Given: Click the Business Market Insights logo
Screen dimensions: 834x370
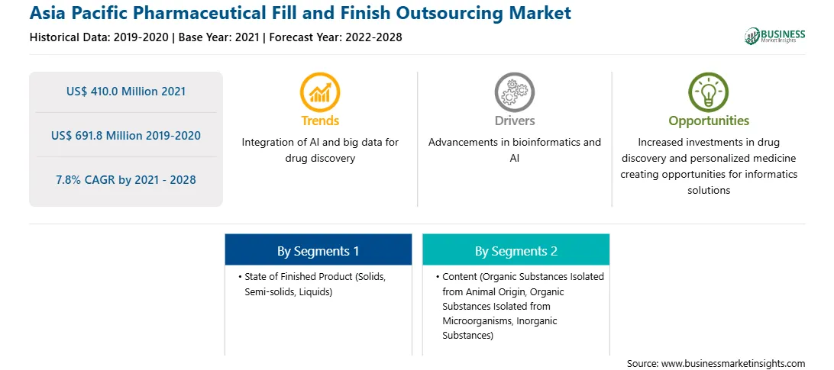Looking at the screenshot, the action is [775, 36].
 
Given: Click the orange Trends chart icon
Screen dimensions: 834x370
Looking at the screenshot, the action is [320, 92].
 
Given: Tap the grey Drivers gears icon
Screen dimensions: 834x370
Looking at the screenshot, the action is [514, 92].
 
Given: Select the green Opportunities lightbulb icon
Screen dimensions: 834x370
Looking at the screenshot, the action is [709, 92].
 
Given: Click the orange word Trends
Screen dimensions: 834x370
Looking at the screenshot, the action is [320, 121].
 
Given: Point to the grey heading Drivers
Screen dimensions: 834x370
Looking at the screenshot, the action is [514, 121].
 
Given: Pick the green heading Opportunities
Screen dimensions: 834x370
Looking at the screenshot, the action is [709, 121].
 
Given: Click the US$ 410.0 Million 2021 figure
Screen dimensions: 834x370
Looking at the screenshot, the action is [126, 91].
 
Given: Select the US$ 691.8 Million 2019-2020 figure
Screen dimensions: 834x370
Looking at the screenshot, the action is [126, 136].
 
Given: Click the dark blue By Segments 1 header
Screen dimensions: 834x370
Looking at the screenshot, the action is [318, 251].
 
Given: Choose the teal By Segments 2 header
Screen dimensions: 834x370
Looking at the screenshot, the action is [516, 251].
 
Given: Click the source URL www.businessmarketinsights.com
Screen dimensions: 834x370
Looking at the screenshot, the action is [733, 363].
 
